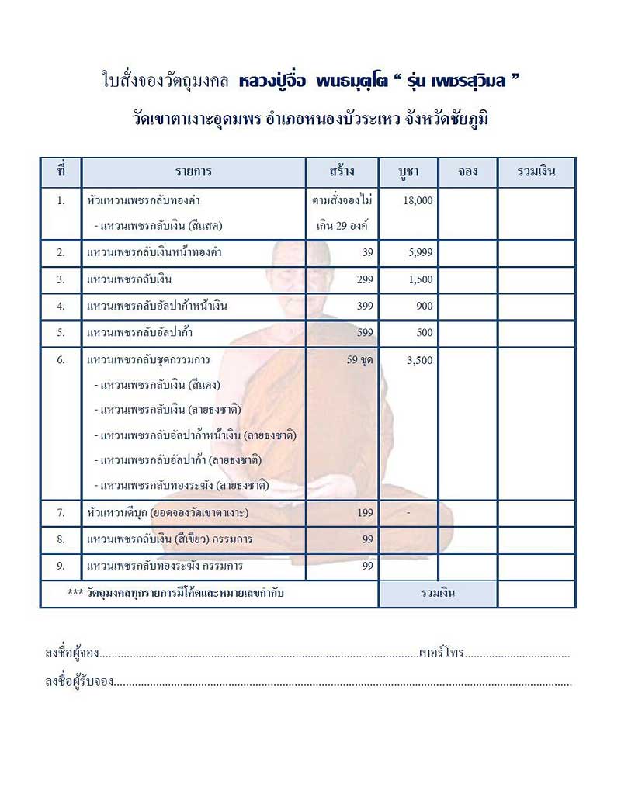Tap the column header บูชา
pyautogui.click(x=408, y=172)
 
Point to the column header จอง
pyautogui.click(x=467, y=172)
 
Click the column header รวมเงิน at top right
pyautogui.click(x=536, y=172)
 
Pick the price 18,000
pyautogui.click(x=418, y=200)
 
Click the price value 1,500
pyautogui.click(x=419, y=279)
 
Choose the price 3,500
pyautogui.click(x=419, y=360)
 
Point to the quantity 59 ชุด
pyautogui.click(x=360, y=360)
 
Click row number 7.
pyautogui.click(x=61, y=513)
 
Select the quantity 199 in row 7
pyautogui.click(x=365, y=513)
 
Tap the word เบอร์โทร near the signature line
pyautogui.click(x=441, y=653)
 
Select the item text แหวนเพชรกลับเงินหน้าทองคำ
pyautogui.click(x=147, y=253)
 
